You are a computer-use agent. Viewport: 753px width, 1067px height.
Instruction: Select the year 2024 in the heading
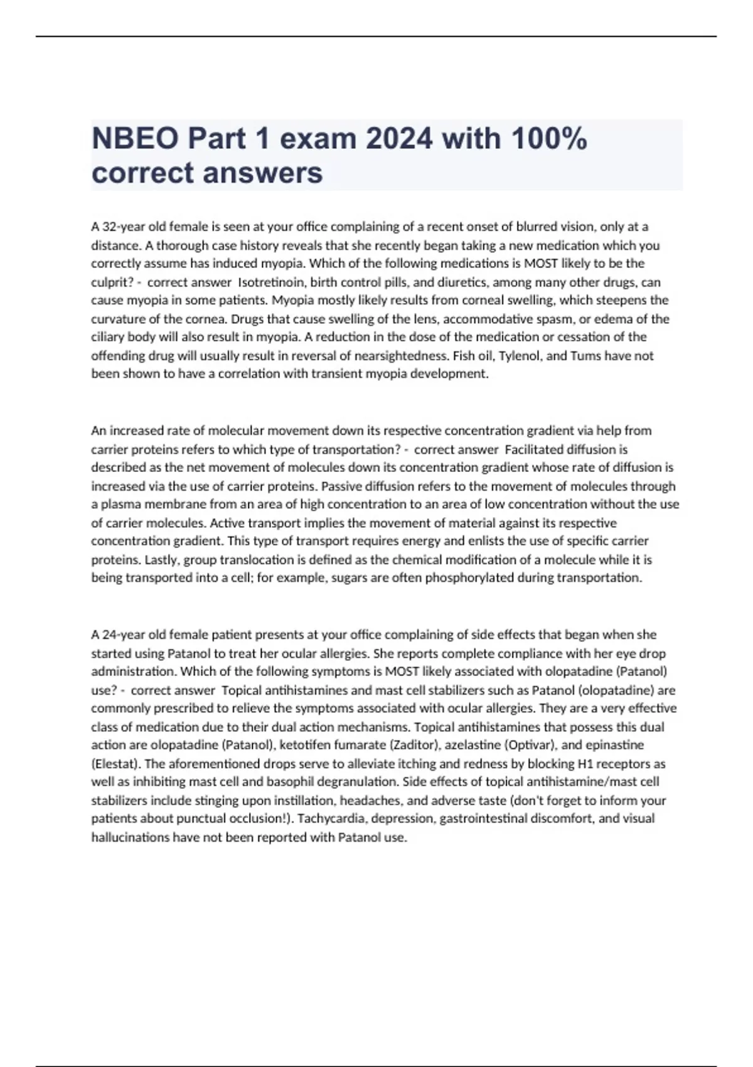click(399, 139)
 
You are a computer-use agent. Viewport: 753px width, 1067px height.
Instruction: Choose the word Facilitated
click(534, 449)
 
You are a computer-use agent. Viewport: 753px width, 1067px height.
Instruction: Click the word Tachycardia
click(334, 818)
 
